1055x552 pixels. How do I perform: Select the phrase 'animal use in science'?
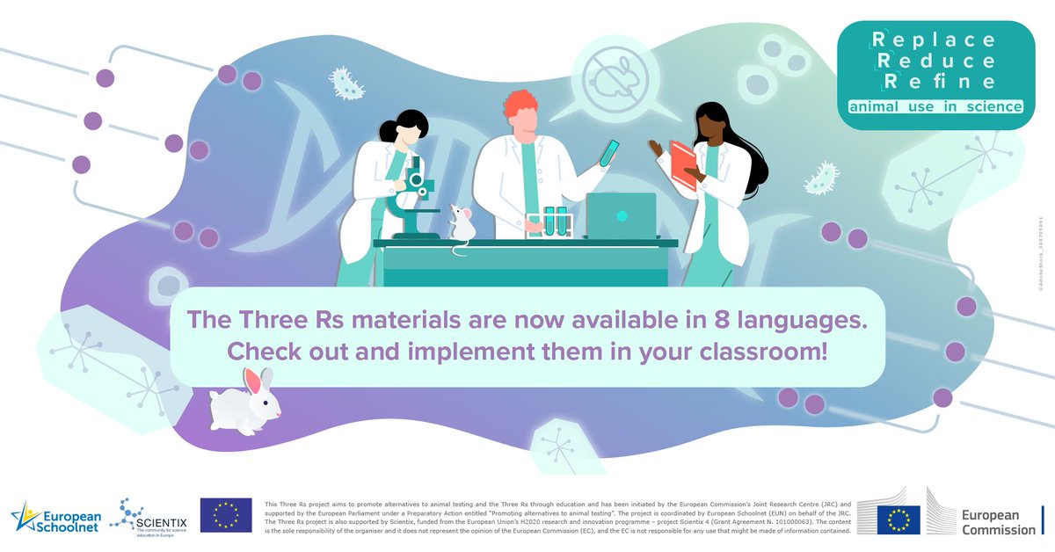tap(935, 107)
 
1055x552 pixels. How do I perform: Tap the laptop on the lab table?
tap(621, 215)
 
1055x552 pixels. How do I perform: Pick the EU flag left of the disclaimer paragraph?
tap(226, 515)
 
